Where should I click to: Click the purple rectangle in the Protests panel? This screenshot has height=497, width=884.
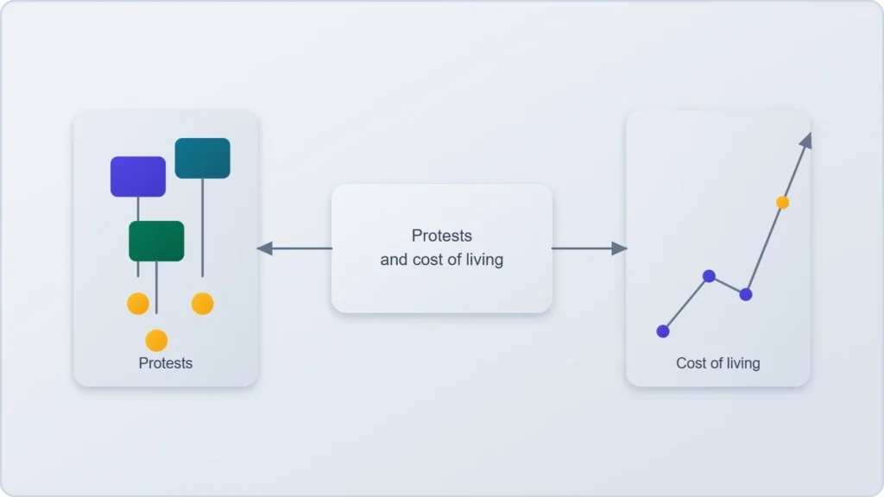click(138, 177)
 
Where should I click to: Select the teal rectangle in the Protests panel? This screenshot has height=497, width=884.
click(202, 159)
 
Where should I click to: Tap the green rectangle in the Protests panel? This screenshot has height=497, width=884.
click(156, 242)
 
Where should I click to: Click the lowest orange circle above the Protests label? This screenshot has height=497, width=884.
click(156, 340)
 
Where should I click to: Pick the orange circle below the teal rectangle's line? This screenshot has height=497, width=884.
click(202, 304)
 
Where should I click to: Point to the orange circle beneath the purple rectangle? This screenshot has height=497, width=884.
click(138, 304)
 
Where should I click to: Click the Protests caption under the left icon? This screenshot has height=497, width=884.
click(166, 363)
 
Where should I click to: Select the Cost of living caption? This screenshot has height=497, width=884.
click(718, 363)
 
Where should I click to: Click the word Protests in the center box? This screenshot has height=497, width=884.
click(442, 236)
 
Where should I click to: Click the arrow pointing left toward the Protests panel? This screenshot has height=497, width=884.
click(294, 248)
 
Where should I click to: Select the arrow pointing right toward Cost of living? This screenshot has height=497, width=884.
click(589, 248)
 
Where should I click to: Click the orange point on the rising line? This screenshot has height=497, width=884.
click(782, 202)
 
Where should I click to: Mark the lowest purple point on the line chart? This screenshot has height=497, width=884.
click(663, 331)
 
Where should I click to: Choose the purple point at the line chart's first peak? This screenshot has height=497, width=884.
click(710, 276)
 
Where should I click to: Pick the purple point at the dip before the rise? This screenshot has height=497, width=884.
click(746, 294)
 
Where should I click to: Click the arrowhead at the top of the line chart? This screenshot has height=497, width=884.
click(807, 141)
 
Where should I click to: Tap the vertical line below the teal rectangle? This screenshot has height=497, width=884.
click(202, 228)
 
